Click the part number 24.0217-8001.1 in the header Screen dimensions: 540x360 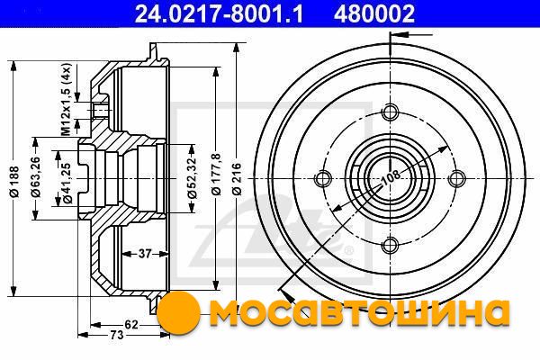219,13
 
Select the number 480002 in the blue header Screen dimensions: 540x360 373,13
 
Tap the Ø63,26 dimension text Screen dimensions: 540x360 36,176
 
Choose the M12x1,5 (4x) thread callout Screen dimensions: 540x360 66,99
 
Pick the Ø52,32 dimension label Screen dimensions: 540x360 193,178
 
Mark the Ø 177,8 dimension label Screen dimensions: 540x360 216,175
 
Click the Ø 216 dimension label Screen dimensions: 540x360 238,179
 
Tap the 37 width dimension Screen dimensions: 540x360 145,254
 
